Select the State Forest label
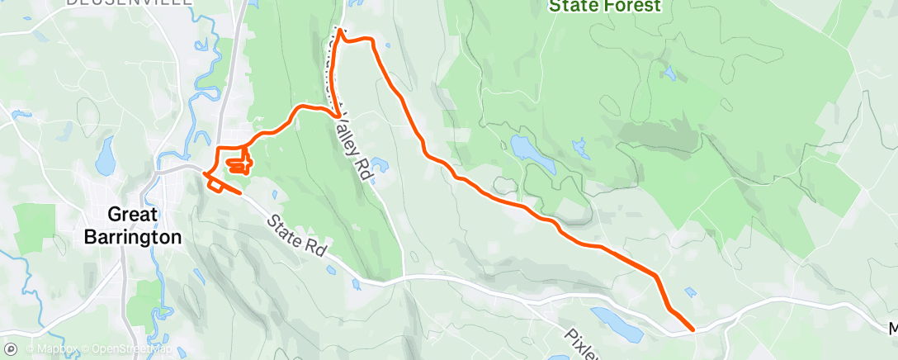pyautogui.click(x=605, y=7)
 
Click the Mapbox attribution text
pyautogui.click(x=50, y=349)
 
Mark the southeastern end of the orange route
pyautogui.click(x=692, y=329)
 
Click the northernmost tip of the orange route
pyautogui.click(x=339, y=31)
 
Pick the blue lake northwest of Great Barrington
pyautogui.click(x=105, y=156)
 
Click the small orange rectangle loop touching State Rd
pyautogui.click(x=215, y=186)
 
